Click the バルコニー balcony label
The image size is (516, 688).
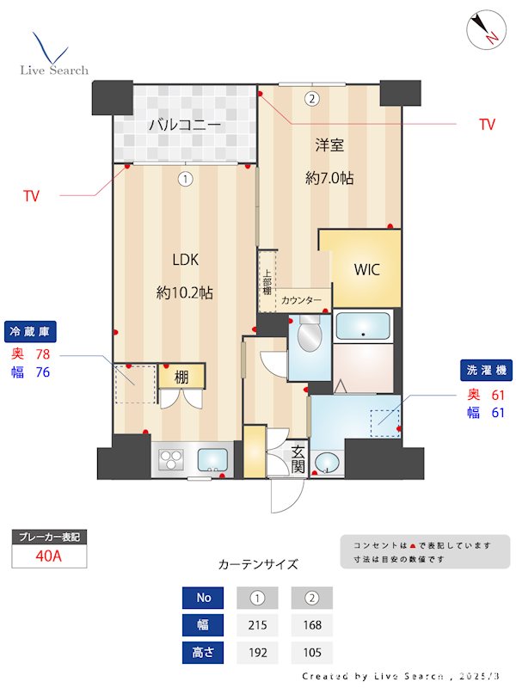[x=185, y=126]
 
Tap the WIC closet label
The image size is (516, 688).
[x=366, y=269]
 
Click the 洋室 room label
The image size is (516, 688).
[x=329, y=147]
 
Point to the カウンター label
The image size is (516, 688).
[x=302, y=300]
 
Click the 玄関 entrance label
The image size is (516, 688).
[x=298, y=459]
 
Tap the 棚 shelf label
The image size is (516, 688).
[x=181, y=376]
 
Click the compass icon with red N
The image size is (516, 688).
[x=483, y=31]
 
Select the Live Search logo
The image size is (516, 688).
[x=53, y=55]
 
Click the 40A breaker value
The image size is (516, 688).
[x=49, y=556]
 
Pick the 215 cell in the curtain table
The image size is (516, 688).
[x=257, y=625]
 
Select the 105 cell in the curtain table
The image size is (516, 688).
[x=311, y=653]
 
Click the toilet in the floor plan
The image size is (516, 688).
[x=307, y=336]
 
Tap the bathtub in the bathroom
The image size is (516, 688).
[x=363, y=327]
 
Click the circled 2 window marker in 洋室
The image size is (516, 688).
[x=311, y=99]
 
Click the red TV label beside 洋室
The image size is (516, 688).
[x=487, y=125]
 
